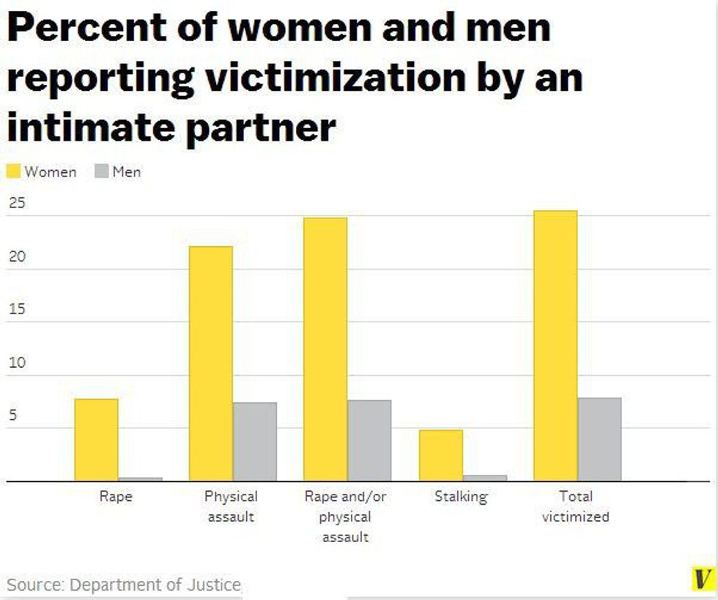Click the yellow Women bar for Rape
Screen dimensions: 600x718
(96, 440)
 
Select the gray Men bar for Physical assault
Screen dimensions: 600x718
(255, 441)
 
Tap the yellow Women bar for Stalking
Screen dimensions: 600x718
(441, 455)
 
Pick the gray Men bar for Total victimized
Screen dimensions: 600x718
(599, 439)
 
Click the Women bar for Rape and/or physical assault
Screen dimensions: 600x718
(325, 349)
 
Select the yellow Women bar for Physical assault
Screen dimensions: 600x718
(211, 363)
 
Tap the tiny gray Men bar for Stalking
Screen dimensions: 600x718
(485, 478)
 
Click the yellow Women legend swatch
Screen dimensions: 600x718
(14, 171)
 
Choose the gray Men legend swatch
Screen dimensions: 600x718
(102, 171)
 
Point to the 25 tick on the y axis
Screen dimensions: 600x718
(17, 203)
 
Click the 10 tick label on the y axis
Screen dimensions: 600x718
(17, 363)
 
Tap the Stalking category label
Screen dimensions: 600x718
(461, 497)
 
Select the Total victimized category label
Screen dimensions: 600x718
(575, 506)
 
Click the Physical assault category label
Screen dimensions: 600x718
(231, 506)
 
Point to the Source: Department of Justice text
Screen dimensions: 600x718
(124, 585)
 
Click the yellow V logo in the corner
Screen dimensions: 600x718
(703, 578)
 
